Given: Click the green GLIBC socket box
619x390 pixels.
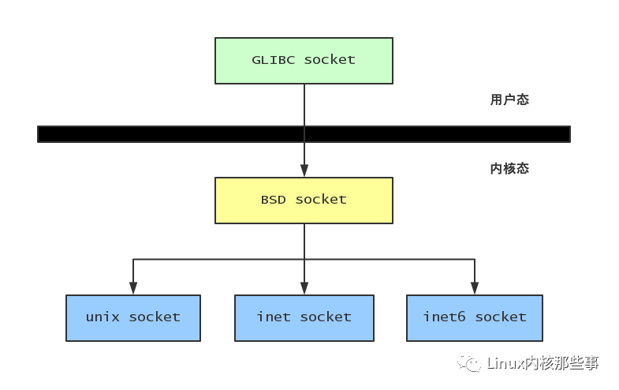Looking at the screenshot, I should (x=304, y=60).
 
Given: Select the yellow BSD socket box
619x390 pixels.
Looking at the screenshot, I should (x=304, y=200).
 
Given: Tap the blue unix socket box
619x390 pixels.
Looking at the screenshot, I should (x=133, y=317).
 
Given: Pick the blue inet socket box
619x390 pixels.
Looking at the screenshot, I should (x=304, y=317).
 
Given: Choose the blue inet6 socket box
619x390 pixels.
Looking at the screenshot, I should (x=474, y=317).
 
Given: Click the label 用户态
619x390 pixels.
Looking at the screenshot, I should (x=509, y=100).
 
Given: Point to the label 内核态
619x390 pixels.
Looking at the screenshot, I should (x=509, y=168).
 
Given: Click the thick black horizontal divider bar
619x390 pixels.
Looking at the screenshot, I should (x=158, y=134).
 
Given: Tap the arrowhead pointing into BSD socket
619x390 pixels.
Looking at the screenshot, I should (x=304, y=171).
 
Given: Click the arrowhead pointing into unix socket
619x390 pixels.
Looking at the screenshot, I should (x=133, y=288).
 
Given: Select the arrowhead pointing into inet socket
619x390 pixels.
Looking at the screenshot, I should (x=304, y=288).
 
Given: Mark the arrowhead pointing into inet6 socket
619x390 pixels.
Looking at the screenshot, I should (x=474, y=288).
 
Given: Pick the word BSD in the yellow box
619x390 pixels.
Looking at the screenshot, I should (x=274, y=200).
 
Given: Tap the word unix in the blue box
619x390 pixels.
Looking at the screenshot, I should (x=103, y=317).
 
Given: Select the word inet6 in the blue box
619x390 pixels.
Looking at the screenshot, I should (x=444, y=317).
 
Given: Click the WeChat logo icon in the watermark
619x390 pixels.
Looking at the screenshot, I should (x=472, y=364).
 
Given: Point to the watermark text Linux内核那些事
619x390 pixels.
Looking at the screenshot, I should (x=543, y=364).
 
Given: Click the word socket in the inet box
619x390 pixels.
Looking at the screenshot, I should (x=326, y=317).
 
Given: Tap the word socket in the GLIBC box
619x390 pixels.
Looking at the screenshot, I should (x=330, y=60).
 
